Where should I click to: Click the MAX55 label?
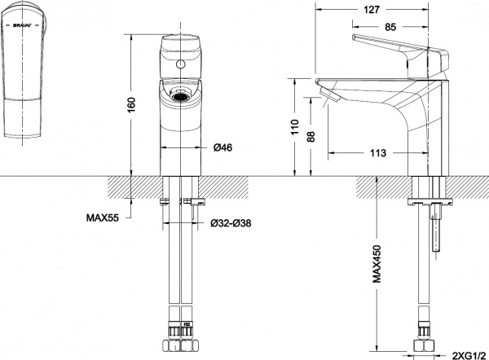pyautogui.click(x=103, y=217)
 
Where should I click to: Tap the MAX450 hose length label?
pyautogui.click(x=378, y=262)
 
